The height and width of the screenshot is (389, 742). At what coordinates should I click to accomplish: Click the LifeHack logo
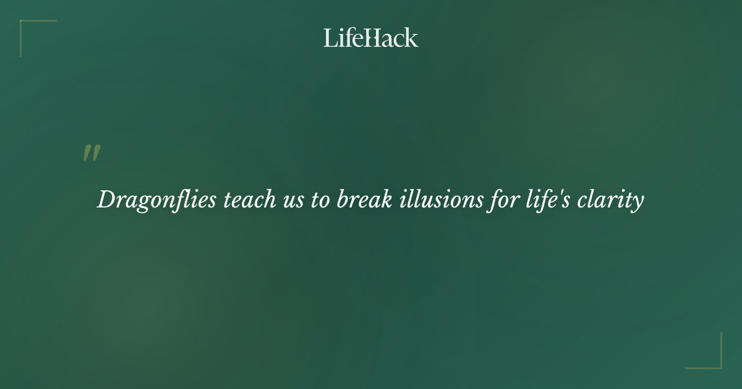tap(371, 38)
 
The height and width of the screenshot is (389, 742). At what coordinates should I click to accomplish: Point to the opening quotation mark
tap(92, 154)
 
